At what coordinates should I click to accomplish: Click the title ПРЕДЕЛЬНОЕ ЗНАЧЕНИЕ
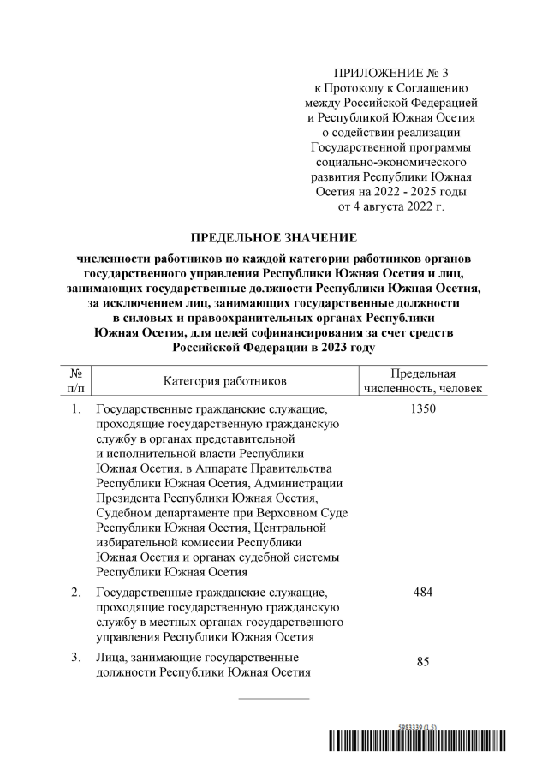click(x=273, y=237)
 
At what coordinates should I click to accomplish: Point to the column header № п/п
click(x=75, y=380)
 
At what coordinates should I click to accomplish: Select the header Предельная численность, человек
click(x=423, y=380)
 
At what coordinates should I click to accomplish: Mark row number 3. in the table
click(x=76, y=657)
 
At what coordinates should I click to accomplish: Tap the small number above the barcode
click(x=416, y=727)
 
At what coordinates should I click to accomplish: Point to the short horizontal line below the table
click(x=273, y=699)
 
